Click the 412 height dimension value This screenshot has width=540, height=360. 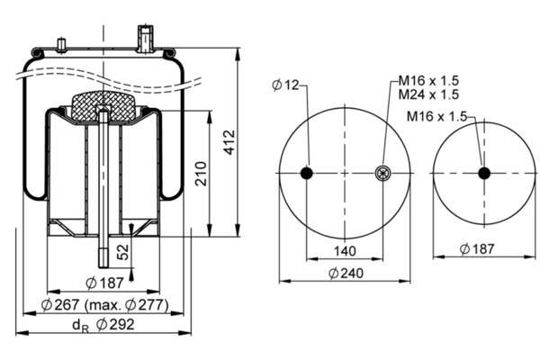point(229,142)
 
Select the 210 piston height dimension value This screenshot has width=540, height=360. point(201,174)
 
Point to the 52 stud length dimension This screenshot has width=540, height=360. point(123,252)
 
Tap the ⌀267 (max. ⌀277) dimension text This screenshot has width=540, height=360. point(105,305)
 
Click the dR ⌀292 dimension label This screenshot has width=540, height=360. point(103,325)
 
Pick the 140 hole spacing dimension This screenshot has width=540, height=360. point(345,251)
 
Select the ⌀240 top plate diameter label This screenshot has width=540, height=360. point(346,274)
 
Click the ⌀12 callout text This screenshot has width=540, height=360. point(285,85)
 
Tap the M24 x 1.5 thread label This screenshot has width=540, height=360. point(428,94)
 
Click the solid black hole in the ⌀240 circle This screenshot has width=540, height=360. point(307,173)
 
